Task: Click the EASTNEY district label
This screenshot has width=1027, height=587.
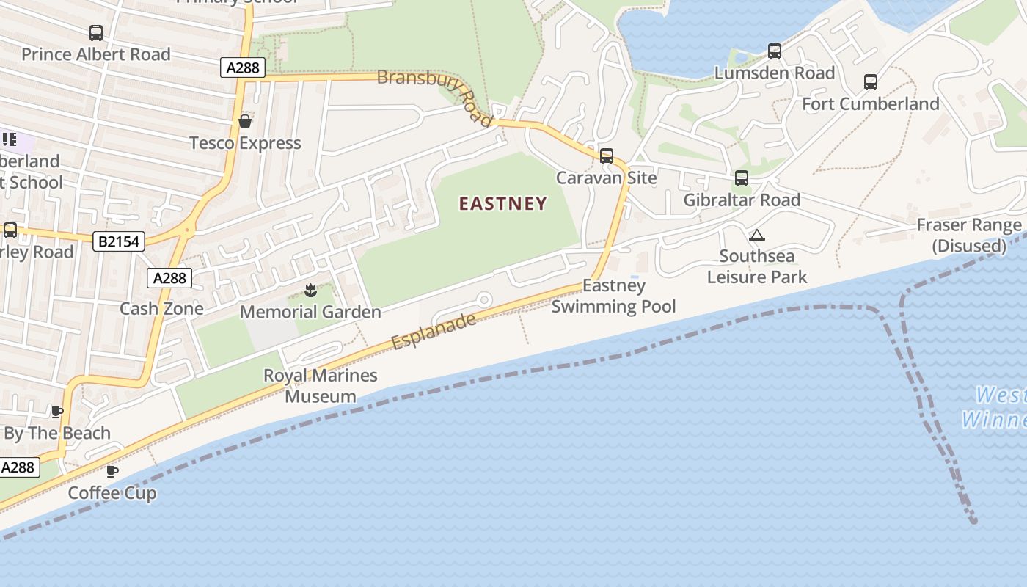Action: (x=503, y=203)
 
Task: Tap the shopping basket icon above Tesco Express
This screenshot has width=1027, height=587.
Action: (x=245, y=121)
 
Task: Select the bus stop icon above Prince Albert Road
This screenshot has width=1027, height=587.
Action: (x=96, y=33)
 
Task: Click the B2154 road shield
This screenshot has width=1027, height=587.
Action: (x=119, y=241)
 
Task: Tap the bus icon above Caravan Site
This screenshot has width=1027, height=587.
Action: (x=607, y=156)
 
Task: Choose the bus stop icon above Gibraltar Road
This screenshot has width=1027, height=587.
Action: (x=742, y=178)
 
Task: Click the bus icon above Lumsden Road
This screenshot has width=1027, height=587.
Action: (x=775, y=51)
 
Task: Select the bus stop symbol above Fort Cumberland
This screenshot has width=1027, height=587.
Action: (x=871, y=82)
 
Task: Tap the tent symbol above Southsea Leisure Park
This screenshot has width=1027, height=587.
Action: (x=757, y=235)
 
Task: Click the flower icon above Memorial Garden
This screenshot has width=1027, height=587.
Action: (x=310, y=291)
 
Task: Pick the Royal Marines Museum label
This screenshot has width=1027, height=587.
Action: (x=321, y=386)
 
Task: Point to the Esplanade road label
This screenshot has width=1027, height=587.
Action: (x=434, y=332)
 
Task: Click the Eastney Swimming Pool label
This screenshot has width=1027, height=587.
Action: (x=614, y=296)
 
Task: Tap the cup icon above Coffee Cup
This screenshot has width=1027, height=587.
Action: (x=112, y=471)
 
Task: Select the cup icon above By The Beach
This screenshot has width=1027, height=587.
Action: (x=57, y=412)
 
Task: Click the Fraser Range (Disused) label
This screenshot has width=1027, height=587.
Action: (x=969, y=236)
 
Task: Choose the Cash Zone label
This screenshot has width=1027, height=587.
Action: (x=161, y=308)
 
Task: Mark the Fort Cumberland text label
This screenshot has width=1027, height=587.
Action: (x=871, y=104)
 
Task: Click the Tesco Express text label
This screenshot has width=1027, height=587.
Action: (x=245, y=143)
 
